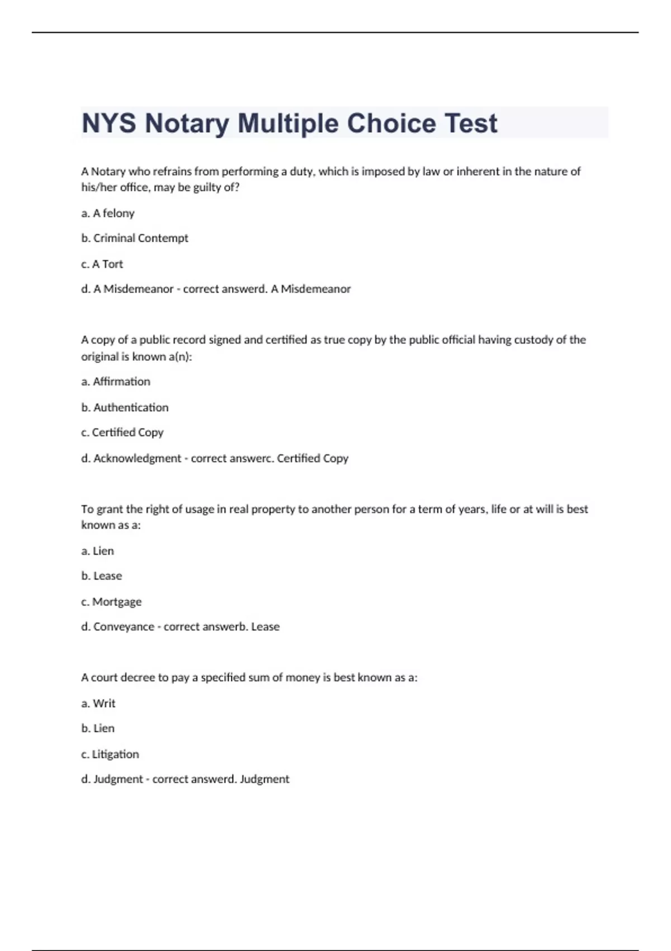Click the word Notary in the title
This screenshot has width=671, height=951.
[187, 124]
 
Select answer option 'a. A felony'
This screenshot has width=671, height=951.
[108, 213]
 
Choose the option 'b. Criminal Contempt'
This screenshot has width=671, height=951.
[135, 238]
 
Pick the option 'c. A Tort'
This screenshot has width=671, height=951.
[102, 264]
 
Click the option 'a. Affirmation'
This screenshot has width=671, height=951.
[116, 382]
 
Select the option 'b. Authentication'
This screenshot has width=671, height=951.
[125, 407]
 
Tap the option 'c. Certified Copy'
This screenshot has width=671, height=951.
[122, 432]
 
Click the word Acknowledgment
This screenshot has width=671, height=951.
[137, 458]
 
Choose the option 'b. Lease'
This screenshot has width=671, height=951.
[101, 576]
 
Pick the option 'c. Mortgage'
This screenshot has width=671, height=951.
[111, 602]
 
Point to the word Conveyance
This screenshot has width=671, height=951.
[124, 627]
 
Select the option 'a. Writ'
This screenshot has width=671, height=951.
[98, 703]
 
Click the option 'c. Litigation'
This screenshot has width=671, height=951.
[110, 754]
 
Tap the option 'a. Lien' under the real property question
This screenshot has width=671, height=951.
[97, 551]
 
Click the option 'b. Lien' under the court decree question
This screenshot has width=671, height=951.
[98, 728]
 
